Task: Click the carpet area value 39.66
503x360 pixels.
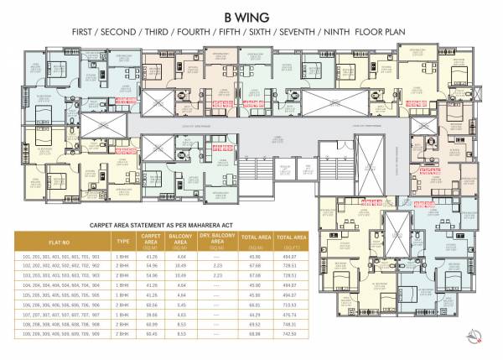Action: pos(152,315)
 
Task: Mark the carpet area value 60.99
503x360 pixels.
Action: pos(152,324)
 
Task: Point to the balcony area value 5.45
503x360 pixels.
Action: pos(180,305)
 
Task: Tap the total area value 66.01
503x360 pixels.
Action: pos(252,305)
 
